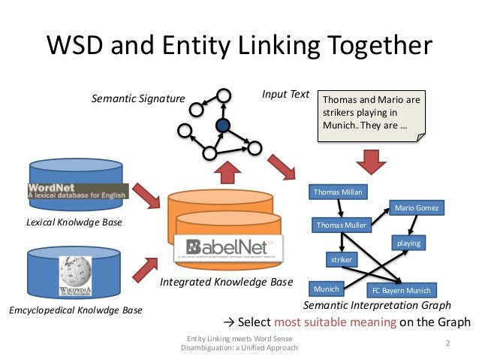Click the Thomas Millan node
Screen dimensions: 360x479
coord(337,192)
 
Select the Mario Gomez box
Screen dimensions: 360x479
coord(416,206)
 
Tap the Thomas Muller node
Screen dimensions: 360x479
coord(341,225)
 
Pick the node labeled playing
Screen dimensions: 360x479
coord(408,243)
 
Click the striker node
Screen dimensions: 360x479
coord(342,259)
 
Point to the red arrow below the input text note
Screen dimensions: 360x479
coord(370,161)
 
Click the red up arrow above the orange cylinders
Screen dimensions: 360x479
coord(224,174)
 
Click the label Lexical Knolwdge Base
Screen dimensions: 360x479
coord(74,222)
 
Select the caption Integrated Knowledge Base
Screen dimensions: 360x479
coord(226,283)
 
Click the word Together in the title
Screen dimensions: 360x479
coord(372,47)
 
